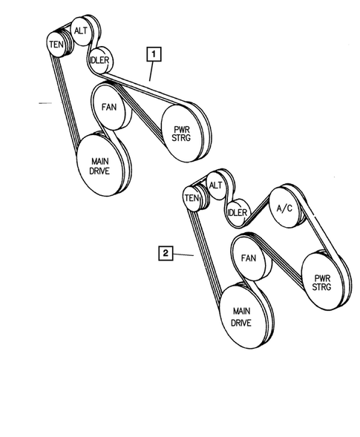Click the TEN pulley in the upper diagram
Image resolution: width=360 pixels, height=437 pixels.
(x=56, y=45)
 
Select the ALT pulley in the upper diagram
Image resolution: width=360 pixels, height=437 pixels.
(x=79, y=30)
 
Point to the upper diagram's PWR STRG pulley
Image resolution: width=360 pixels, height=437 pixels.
(x=181, y=131)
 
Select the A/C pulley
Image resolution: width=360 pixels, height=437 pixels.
(x=283, y=209)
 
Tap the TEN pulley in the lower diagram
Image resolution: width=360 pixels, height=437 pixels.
(x=192, y=198)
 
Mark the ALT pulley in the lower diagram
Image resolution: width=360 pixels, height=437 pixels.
(x=215, y=185)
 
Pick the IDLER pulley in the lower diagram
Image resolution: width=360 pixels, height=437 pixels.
(x=236, y=213)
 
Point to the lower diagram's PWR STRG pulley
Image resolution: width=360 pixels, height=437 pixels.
(x=321, y=280)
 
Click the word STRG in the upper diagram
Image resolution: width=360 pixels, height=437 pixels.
(x=181, y=137)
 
